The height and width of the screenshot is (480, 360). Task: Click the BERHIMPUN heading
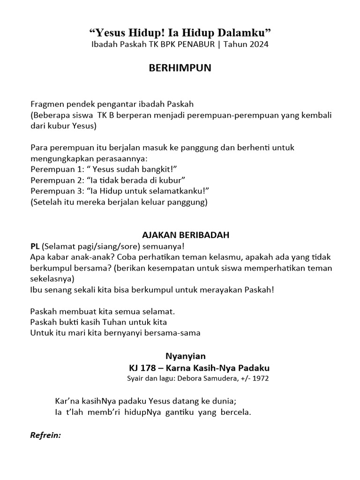[x=180, y=68]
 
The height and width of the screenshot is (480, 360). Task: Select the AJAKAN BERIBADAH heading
[x=180, y=235]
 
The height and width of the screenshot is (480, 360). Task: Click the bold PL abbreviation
[x=35, y=246]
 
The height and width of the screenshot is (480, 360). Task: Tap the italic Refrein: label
[x=45, y=435]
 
